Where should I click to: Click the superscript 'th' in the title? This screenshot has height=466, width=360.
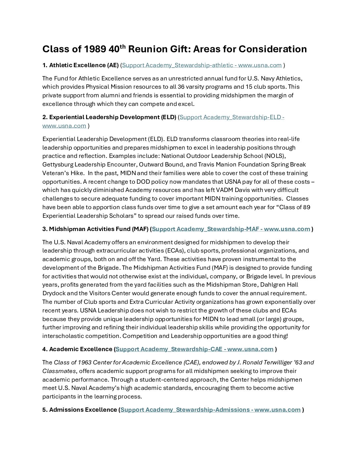tap(122, 46)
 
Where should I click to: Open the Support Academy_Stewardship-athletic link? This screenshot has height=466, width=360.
tap(202, 65)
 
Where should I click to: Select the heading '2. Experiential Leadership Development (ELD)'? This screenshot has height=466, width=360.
tap(109, 117)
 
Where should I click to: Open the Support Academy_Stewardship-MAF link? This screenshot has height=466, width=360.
tap(231, 229)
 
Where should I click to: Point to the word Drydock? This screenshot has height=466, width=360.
tap(54, 293)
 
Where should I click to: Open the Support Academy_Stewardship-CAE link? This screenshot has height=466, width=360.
tap(195, 349)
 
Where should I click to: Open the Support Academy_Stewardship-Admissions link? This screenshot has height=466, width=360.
tap(210, 410)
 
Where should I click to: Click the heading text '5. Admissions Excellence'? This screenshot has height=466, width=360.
tap(80, 410)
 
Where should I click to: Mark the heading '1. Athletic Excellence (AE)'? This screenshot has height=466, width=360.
tap(80, 65)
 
